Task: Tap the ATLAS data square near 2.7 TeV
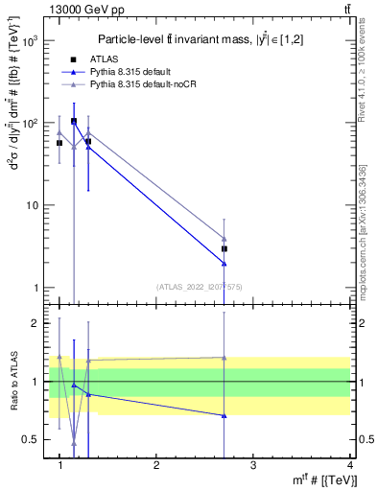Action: [x=224, y=248]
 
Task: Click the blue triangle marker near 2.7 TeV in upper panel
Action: [x=224, y=263]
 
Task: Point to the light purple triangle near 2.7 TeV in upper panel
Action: [x=224, y=239]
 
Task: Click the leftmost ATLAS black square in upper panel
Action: [x=59, y=143]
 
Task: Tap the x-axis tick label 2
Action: [x=156, y=465]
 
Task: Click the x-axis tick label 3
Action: [x=253, y=465]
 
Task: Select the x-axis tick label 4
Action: [x=349, y=465]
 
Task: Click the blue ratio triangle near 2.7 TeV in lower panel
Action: [x=224, y=415]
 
